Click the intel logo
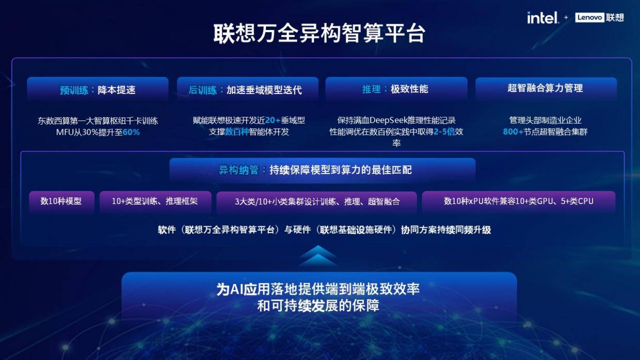[542, 18]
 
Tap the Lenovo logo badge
[589, 18]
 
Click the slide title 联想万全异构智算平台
[320, 34]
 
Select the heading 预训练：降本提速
[98, 90]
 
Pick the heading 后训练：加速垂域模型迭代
[245, 90]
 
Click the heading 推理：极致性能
[396, 89]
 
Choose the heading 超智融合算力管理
[545, 88]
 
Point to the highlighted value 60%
[131, 132]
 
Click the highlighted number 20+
[273, 120]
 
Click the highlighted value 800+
[513, 132]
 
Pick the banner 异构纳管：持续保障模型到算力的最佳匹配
[322, 170]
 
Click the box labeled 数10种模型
[61, 201]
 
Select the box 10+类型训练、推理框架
[155, 201]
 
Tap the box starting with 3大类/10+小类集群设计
[317, 201]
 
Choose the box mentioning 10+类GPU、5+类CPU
[519, 201]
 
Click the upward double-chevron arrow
[319, 256]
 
